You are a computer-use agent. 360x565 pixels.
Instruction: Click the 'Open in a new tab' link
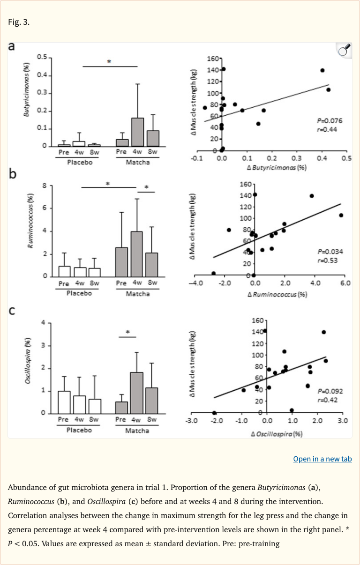[322, 459]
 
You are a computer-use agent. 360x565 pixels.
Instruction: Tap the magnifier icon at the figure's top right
[345, 50]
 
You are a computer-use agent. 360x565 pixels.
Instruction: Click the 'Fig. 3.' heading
[19, 22]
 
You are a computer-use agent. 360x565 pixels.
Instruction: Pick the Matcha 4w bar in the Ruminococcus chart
[137, 254]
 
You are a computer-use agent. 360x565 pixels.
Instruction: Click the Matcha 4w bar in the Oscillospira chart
[136, 393]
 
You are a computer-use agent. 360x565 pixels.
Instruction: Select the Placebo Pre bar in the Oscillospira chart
[64, 402]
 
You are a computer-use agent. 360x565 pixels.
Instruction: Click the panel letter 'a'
[13, 46]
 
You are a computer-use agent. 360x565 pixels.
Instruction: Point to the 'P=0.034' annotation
[330, 252]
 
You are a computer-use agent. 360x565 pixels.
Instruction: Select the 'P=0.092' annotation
[330, 391]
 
